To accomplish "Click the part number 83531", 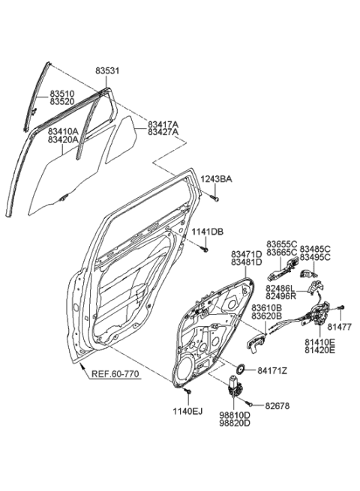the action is coord(107,71).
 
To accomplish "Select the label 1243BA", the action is coord(217,179).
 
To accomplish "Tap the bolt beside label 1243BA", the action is coord(214,198).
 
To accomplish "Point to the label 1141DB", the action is coord(208,232).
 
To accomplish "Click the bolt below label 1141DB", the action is coord(204,250).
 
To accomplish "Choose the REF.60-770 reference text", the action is coord(115,374).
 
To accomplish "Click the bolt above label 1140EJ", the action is coord(187,391).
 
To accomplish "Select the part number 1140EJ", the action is coord(187,412).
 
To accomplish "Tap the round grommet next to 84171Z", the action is coord(241,370).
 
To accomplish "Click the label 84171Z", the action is coord(272,371).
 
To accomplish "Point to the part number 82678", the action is coord(277,406).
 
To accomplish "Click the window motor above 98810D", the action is coord(234,386).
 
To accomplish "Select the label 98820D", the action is coord(235,423).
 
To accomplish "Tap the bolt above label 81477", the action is coord(341,307).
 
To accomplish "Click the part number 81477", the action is coord(340,327).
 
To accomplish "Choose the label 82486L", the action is coord(280,288).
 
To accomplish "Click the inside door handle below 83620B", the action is coord(256,343).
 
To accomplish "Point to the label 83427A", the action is coord(163,132).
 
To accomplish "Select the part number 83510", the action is coord(62,94).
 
